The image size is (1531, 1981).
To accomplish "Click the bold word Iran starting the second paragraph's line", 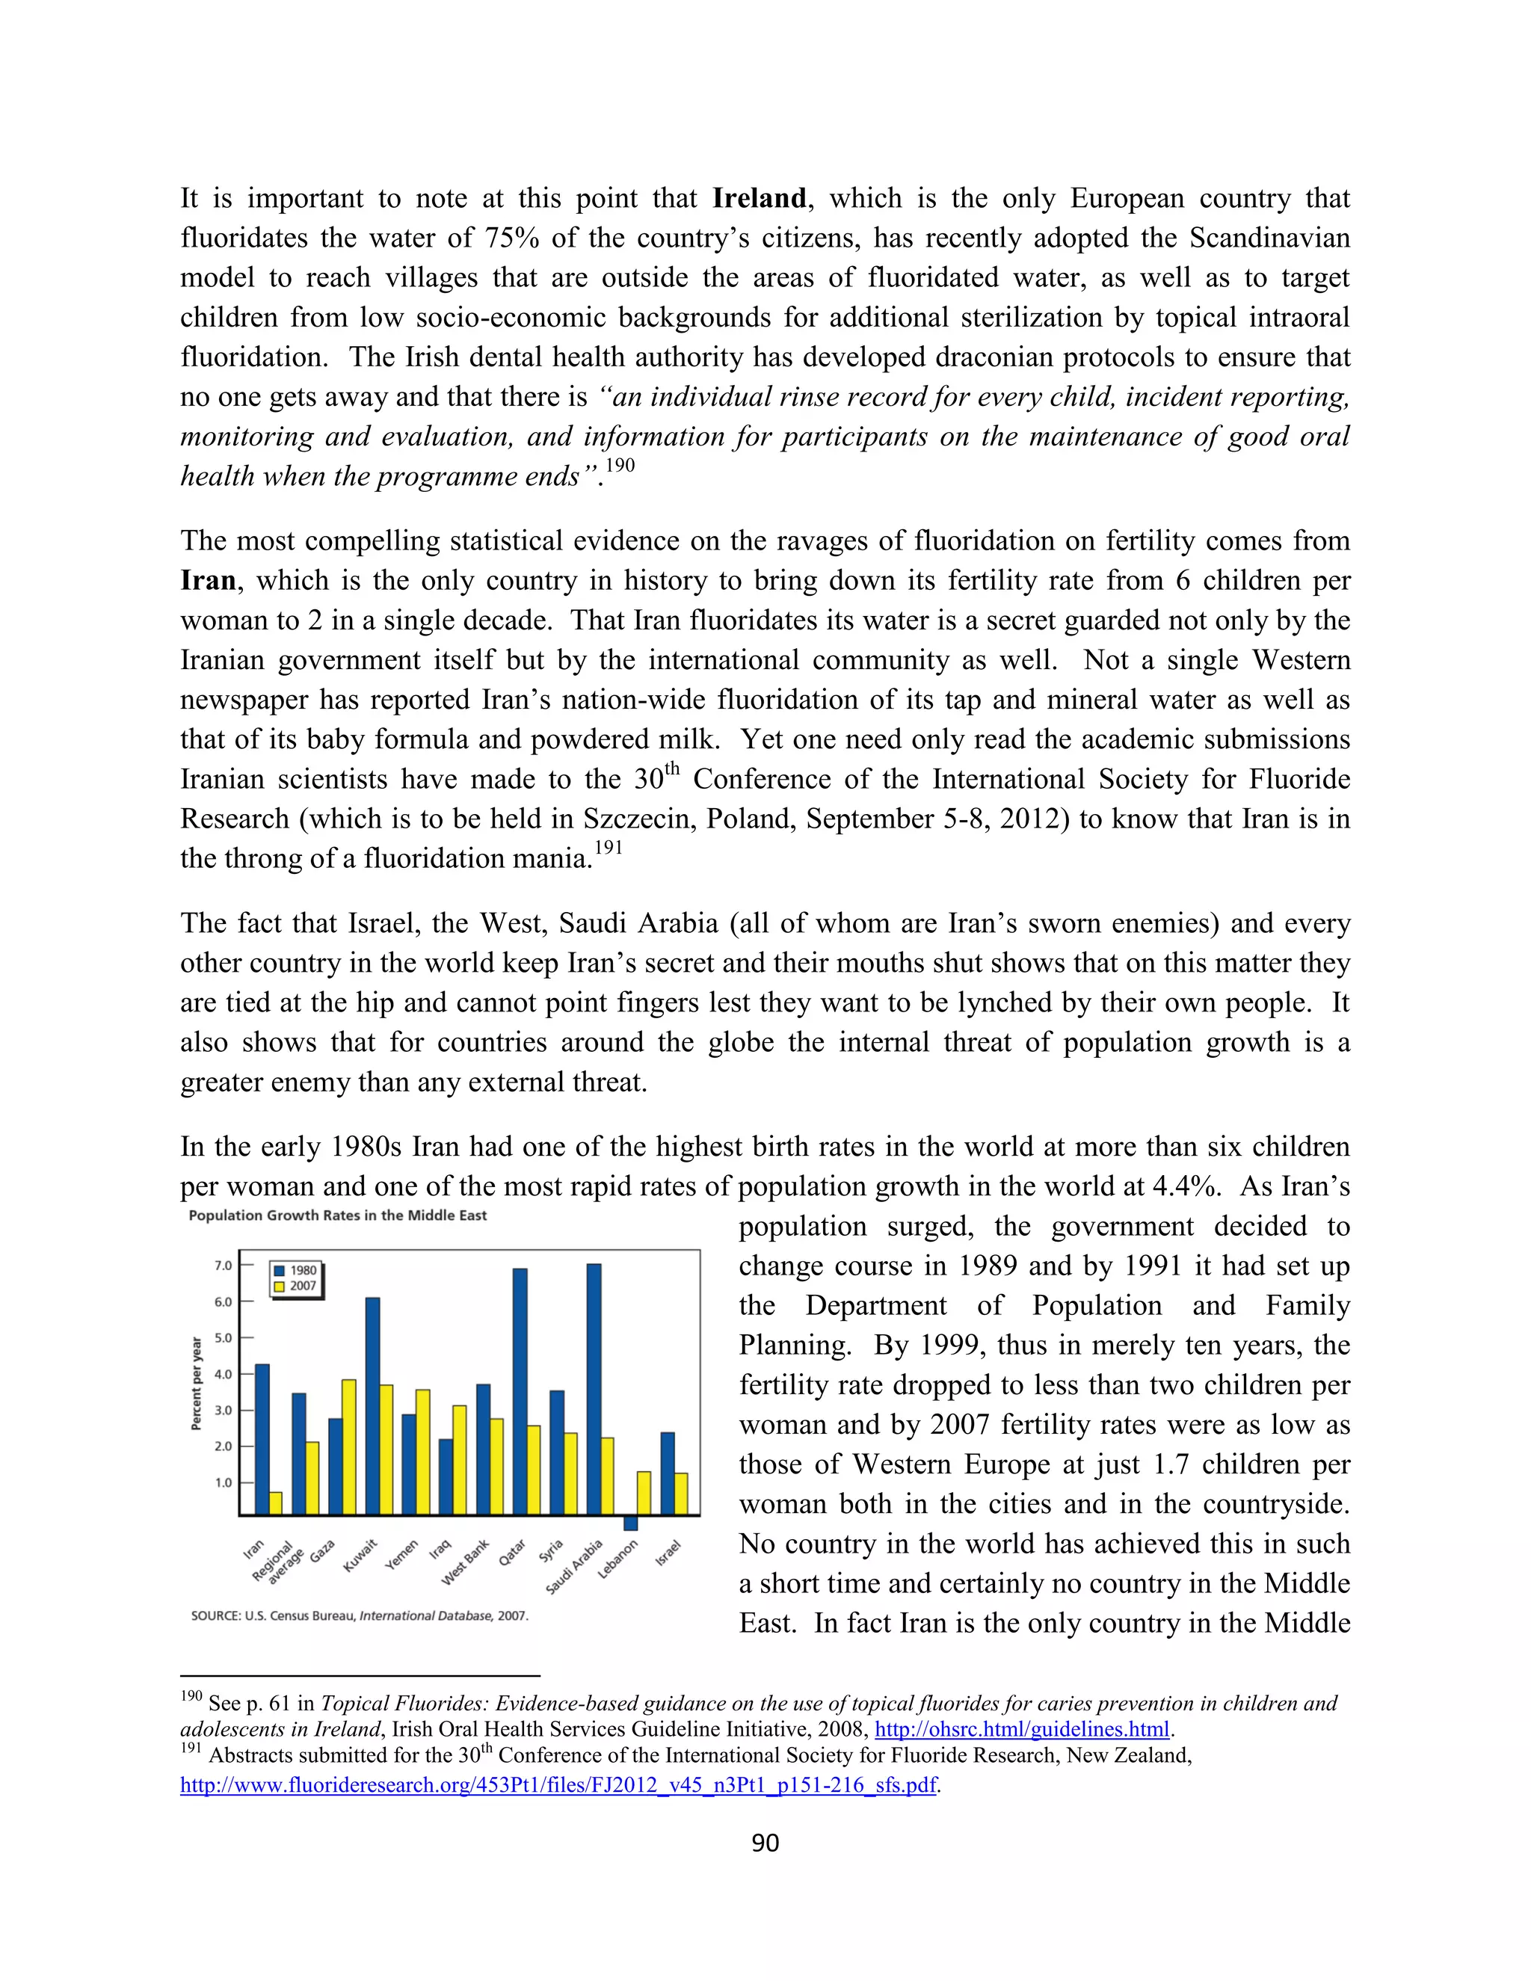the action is click(208, 581).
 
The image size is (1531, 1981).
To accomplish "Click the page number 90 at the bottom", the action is click(765, 1842).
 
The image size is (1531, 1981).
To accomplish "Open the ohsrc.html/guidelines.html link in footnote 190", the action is click(1020, 1729).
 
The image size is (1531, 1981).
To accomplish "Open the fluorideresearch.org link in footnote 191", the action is click(558, 1785).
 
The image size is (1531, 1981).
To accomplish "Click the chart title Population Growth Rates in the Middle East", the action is click(337, 1216).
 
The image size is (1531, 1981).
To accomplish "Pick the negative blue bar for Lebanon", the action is click(630, 1523).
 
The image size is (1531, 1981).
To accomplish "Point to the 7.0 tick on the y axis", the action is click(223, 1266).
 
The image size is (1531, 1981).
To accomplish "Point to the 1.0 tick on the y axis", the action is click(223, 1483).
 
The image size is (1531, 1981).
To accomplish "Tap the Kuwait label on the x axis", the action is click(360, 1556).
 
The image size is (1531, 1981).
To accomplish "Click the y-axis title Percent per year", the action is click(196, 1383).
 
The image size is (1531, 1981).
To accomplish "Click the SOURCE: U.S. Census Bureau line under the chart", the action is click(359, 1615).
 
